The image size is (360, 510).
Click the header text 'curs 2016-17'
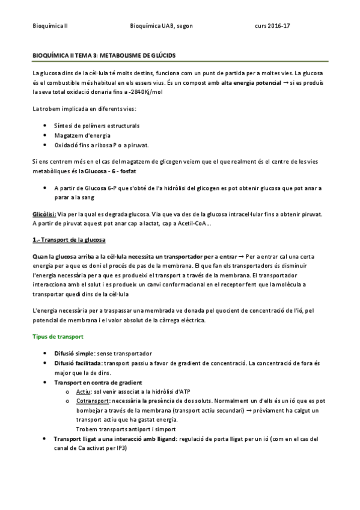[272, 26]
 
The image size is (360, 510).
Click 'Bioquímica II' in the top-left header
[51, 26]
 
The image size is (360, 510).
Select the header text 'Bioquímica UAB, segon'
[161, 26]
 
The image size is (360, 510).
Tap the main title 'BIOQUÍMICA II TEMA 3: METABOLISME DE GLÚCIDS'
[104, 55]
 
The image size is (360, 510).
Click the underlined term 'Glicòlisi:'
[45, 214]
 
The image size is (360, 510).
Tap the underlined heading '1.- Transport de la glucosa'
[69, 241]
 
